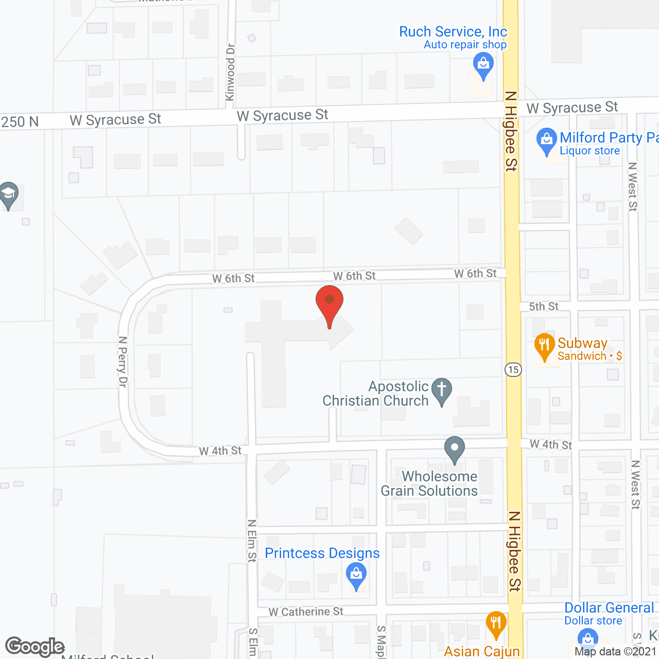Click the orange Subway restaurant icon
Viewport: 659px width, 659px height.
click(x=544, y=345)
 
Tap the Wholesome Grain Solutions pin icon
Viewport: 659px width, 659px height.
click(x=454, y=448)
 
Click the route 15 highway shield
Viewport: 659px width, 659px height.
click(x=513, y=370)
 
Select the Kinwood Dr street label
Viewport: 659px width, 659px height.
click(x=230, y=72)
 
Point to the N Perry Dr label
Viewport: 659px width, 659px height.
click(x=123, y=361)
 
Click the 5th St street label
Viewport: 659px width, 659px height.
click(x=544, y=306)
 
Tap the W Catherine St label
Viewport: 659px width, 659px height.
click(x=306, y=612)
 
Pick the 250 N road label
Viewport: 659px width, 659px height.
click(x=20, y=122)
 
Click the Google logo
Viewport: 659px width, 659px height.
click(x=35, y=647)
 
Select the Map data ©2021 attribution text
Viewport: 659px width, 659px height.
click(x=615, y=651)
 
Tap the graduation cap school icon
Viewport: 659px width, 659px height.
click(x=8, y=194)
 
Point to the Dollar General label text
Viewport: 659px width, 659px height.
click(x=609, y=608)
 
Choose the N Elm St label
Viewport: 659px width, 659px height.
click(x=252, y=541)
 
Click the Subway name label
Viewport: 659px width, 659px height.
click(x=582, y=343)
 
